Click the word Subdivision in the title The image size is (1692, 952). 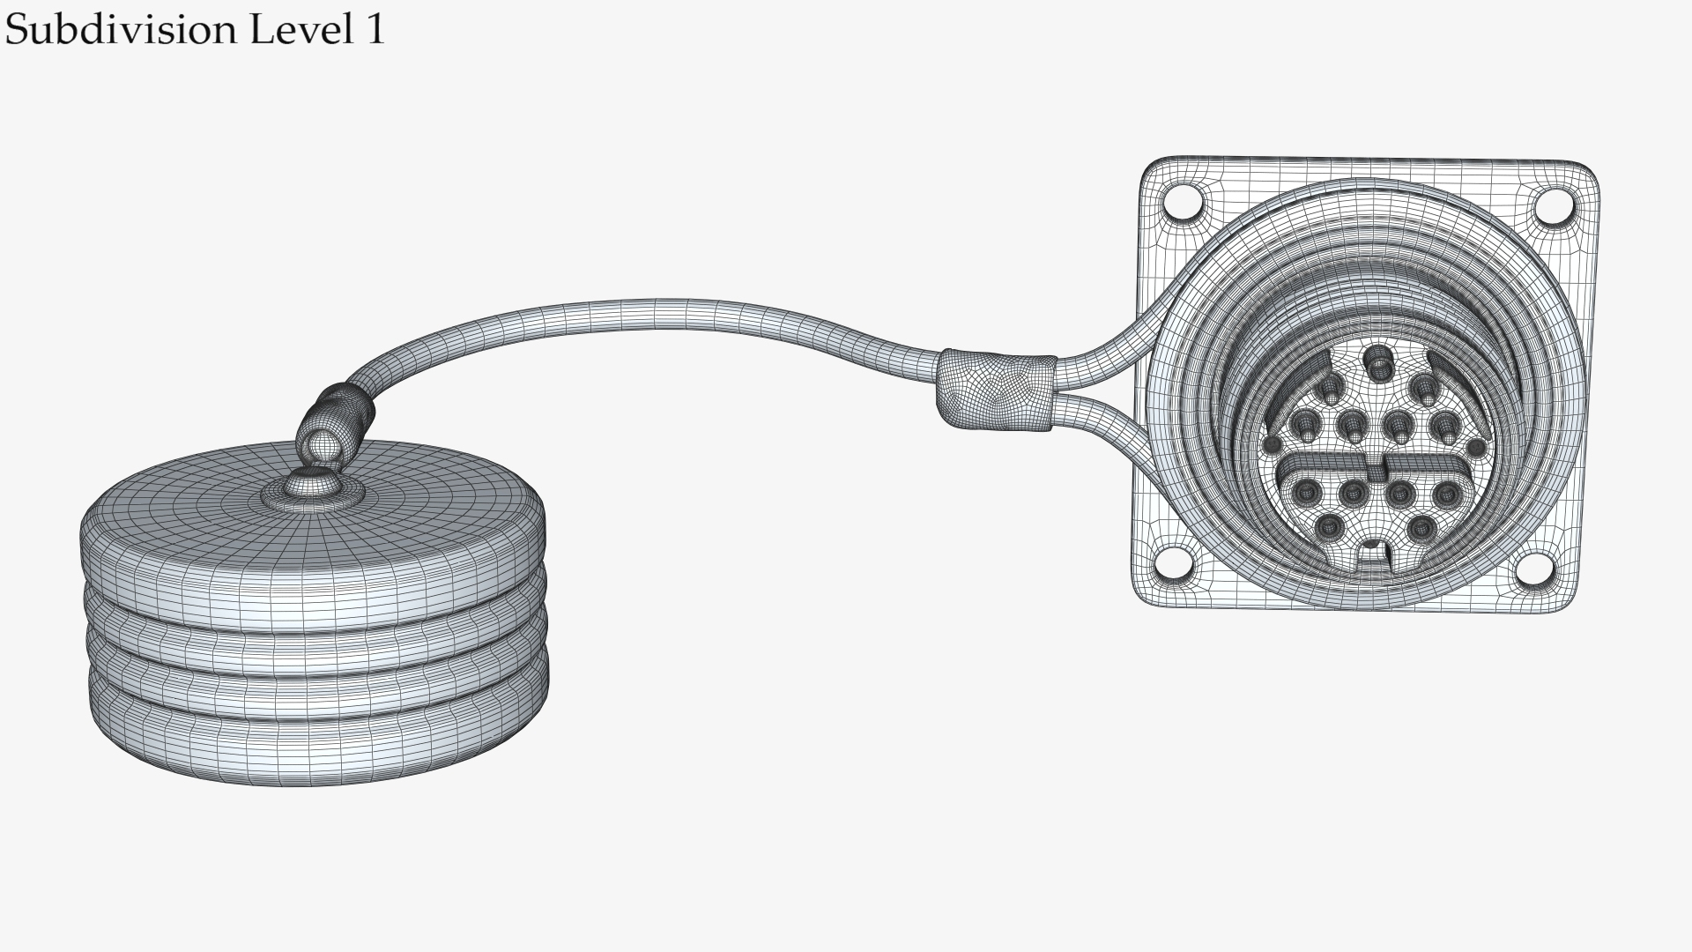122,30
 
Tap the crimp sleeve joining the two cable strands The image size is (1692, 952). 996,392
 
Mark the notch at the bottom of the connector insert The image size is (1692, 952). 1372,553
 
